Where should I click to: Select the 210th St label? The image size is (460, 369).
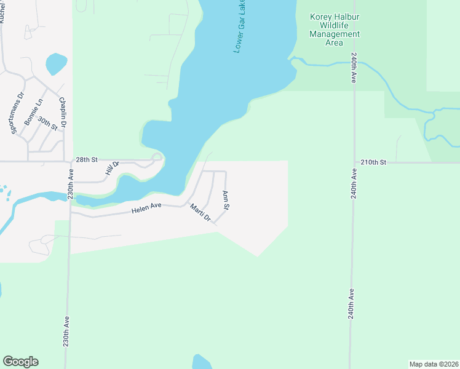[x=373, y=162]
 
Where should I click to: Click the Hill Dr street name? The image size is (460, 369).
[x=111, y=167]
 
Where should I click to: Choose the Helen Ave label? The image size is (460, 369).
[x=146, y=209]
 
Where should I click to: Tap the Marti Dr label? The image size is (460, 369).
[x=200, y=213]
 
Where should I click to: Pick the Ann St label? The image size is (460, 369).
[x=226, y=200]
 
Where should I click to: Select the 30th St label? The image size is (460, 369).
[x=47, y=122]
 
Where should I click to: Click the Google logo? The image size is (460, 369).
[x=20, y=362]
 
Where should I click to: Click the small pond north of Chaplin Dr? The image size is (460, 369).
[x=56, y=63]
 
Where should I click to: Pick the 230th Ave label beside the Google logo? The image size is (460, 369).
[x=66, y=333]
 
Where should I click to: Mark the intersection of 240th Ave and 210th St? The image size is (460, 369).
[x=354, y=162]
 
